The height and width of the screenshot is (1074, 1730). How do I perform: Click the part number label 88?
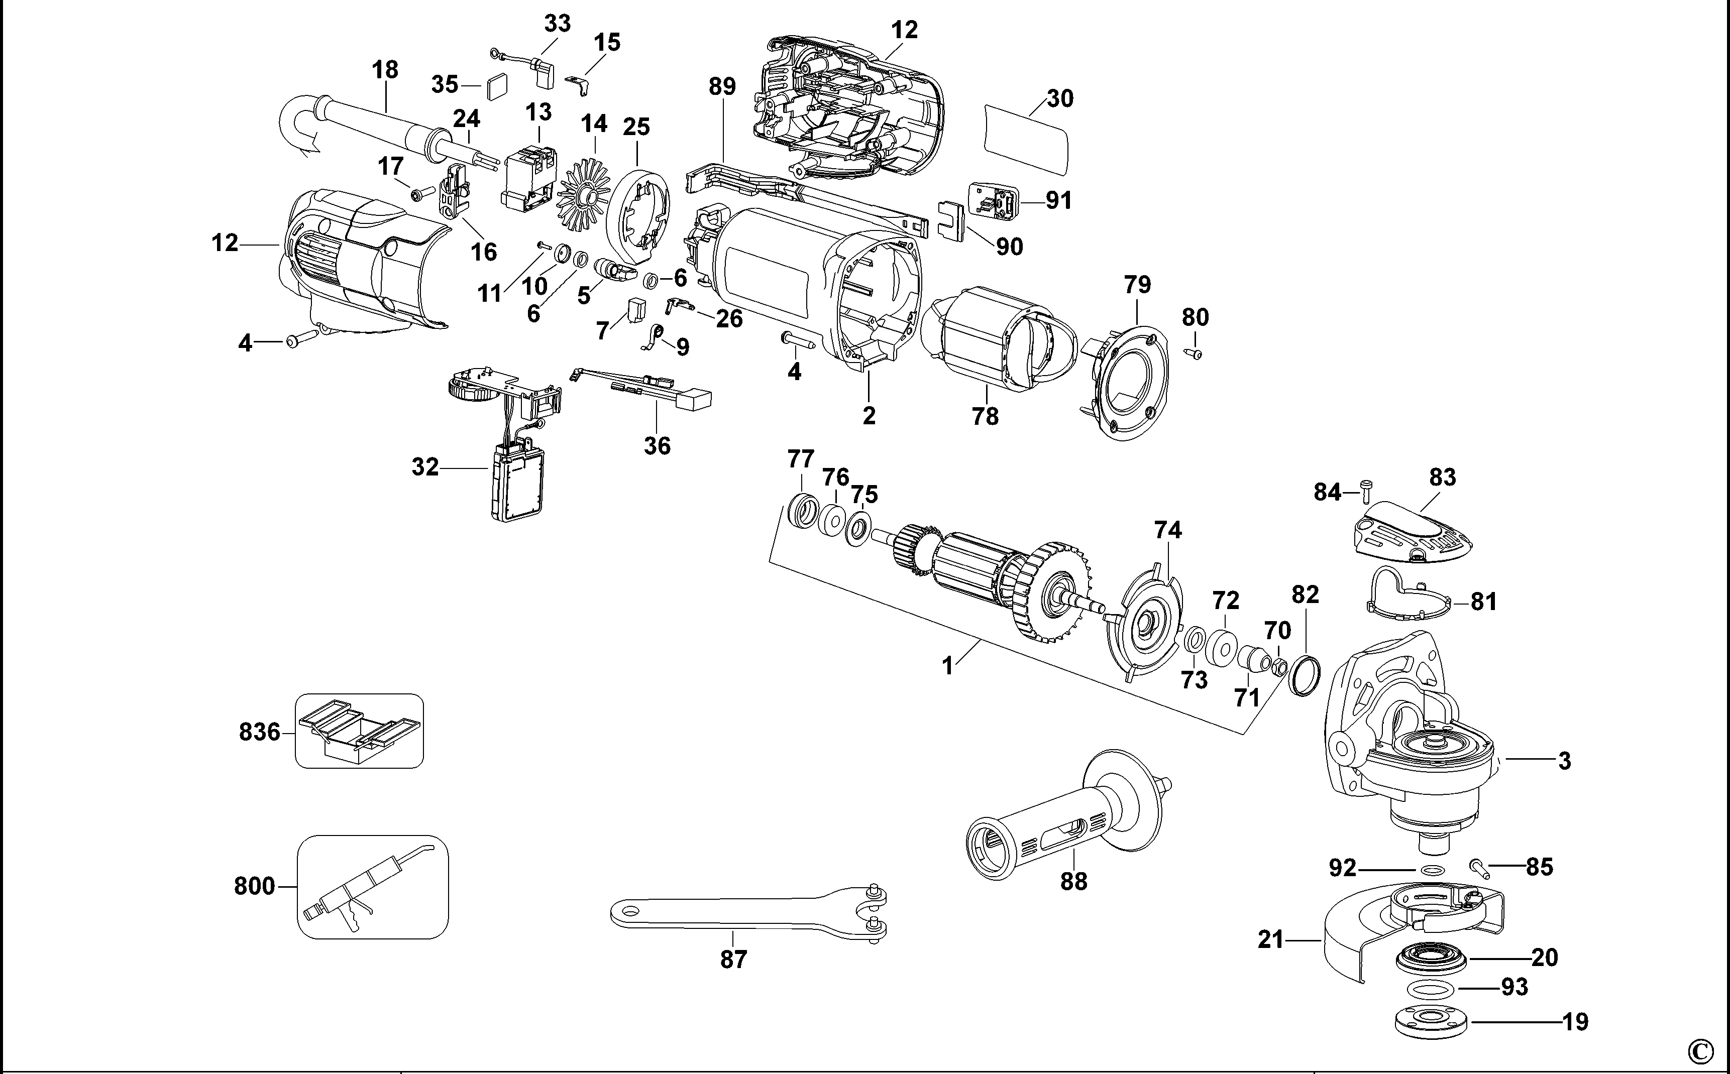(1073, 882)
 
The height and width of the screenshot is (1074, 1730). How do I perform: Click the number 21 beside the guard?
(1270, 940)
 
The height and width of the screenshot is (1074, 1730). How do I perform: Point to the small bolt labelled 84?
(1365, 490)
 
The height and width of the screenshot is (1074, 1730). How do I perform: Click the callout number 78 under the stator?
(985, 416)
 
